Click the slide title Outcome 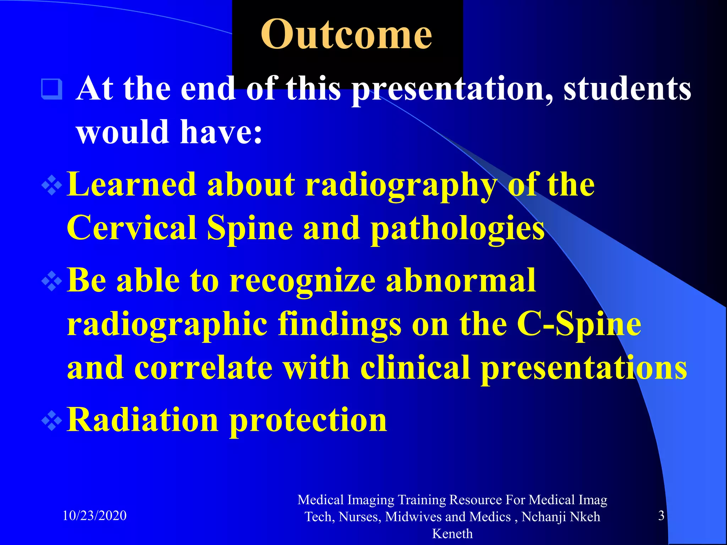(x=346, y=35)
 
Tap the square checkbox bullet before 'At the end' (x=52, y=89)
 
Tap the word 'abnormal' (x=461, y=281)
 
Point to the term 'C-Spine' (x=579, y=324)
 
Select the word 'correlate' (x=203, y=368)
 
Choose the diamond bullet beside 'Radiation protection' (x=52, y=421)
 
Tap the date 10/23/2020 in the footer (x=94, y=516)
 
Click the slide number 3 (x=661, y=516)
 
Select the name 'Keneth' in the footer (x=452, y=534)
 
